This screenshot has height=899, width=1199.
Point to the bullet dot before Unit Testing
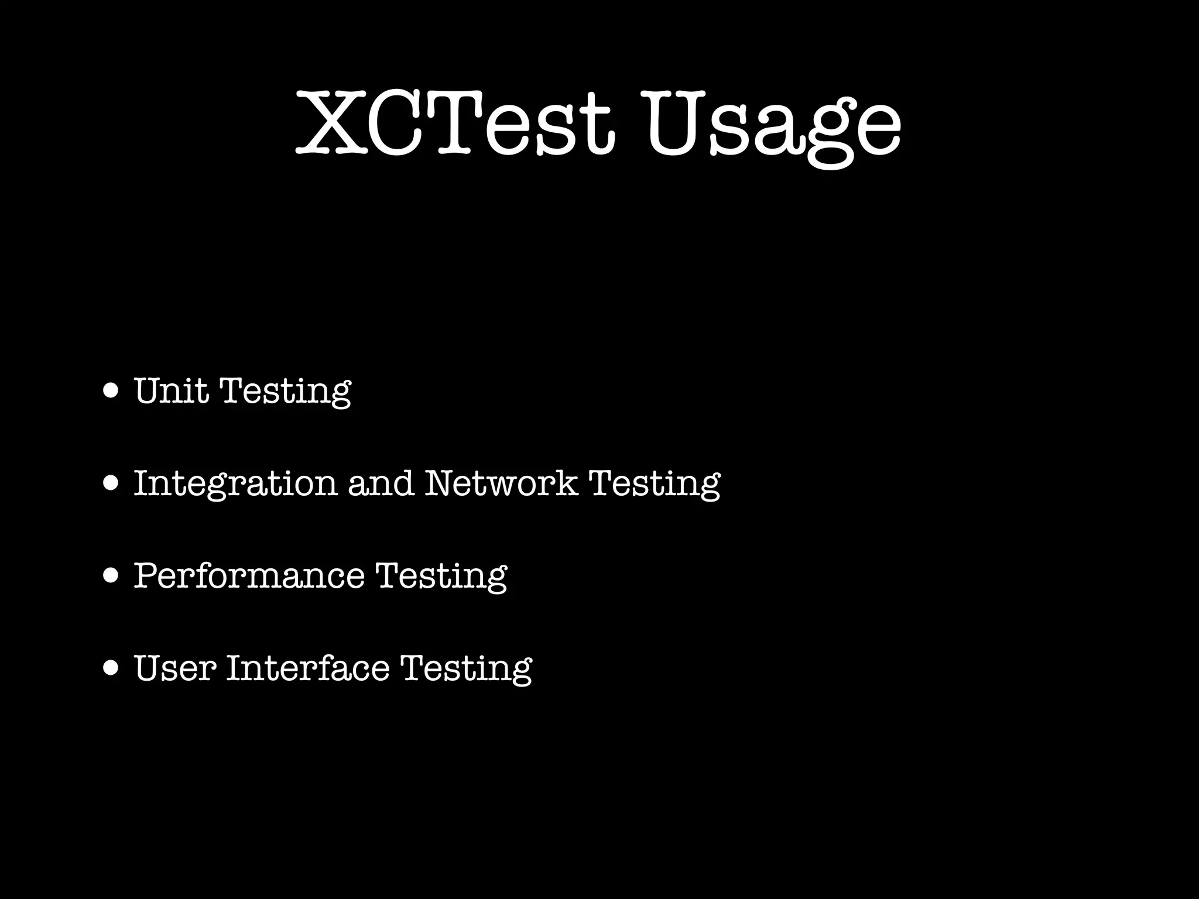click(110, 390)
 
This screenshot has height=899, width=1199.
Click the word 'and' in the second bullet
click(381, 483)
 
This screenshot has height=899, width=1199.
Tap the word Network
click(501, 483)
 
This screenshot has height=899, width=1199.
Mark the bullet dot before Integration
click(110, 483)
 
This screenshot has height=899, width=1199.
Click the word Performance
click(249, 575)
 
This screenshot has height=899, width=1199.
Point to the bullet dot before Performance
click(110, 576)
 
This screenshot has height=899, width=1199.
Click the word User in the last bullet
click(175, 668)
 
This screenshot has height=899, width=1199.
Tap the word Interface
click(307, 668)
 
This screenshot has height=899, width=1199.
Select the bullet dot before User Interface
click(110, 668)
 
